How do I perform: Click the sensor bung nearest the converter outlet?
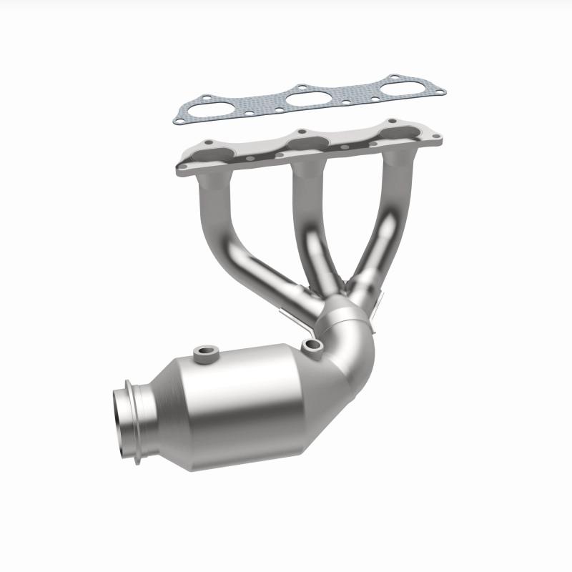click(x=207, y=352)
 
